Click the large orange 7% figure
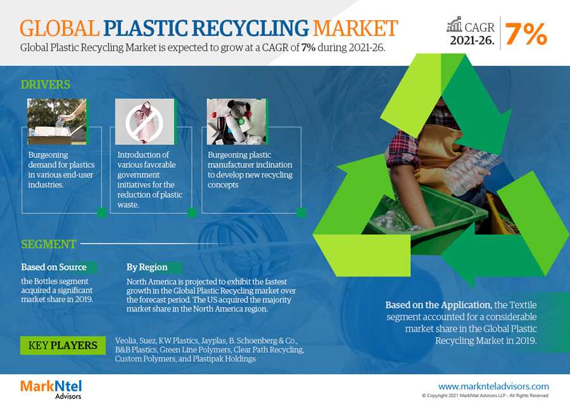point(526,34)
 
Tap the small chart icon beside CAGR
point(454,24)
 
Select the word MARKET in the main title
point(355,28)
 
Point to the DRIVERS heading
point(46,85)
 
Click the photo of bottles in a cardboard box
point(57,122)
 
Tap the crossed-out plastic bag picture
point(144,122)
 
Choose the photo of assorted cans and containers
point(236,122)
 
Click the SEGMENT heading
point(48,244)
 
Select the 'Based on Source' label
point(54,267)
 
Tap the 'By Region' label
point(147,267)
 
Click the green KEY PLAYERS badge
point(63,345)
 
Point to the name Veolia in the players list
point(126,341)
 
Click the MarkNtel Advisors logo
point(51,389)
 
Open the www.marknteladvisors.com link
point(493,386)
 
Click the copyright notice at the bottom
point(485,395)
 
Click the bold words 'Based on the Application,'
point(439,305)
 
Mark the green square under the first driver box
point(102,213)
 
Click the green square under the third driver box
point(301,212)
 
